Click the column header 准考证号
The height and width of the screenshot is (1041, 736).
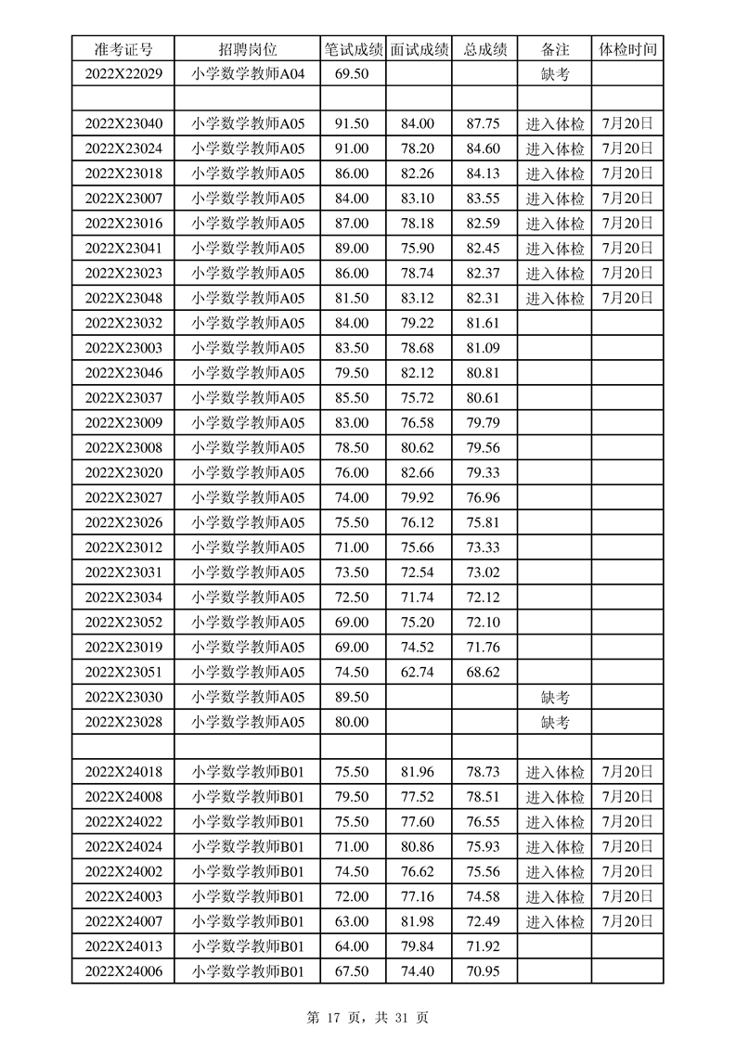[x=123, y=49]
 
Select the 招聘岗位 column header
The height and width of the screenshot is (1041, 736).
[x=248, y=49]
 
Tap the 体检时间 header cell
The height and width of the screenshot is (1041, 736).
[x=627, y=49]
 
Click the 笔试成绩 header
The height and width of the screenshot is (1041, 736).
[x=353, y=49]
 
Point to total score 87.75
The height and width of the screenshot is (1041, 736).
[x=484, y=123]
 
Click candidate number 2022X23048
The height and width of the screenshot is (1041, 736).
[x=123, y=298]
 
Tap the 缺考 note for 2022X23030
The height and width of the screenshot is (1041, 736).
[x=554, y=697]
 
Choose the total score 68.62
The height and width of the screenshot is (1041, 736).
[x=484, y=672]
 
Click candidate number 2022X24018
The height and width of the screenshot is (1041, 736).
[x=123, y=771]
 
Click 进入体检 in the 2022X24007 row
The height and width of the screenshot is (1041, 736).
[x=555, y=920]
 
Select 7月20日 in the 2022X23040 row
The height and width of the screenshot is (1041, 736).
[x=627, y=123]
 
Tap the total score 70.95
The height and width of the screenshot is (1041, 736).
[x=484, y=970]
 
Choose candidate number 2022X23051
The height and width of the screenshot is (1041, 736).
[x=123, y=672]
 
